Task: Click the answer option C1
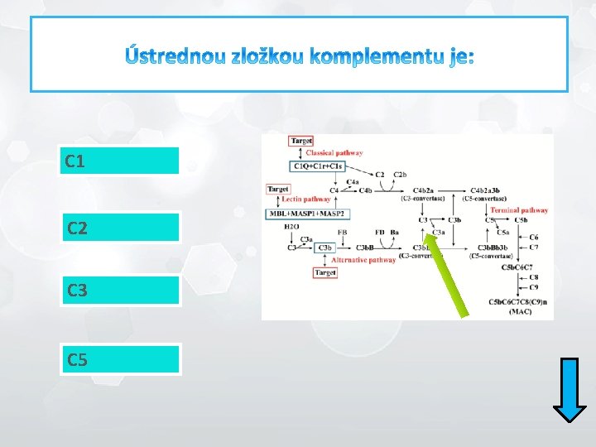[119, 161]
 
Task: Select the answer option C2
[119, 227]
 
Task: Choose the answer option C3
[119, 291]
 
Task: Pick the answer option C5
[119, 359]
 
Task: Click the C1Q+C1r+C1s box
[316, 166]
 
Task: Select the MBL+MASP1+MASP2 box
[305, 214]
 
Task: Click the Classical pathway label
[334, 153]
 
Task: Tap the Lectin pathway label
[305, 199]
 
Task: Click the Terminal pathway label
[518, 210]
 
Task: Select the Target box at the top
[301, 142]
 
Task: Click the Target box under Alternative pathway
[324, 272]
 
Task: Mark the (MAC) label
[520, 311]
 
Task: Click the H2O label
[291, 226]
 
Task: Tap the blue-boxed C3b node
[325, 247]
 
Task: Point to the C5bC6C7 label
[518, 267]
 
